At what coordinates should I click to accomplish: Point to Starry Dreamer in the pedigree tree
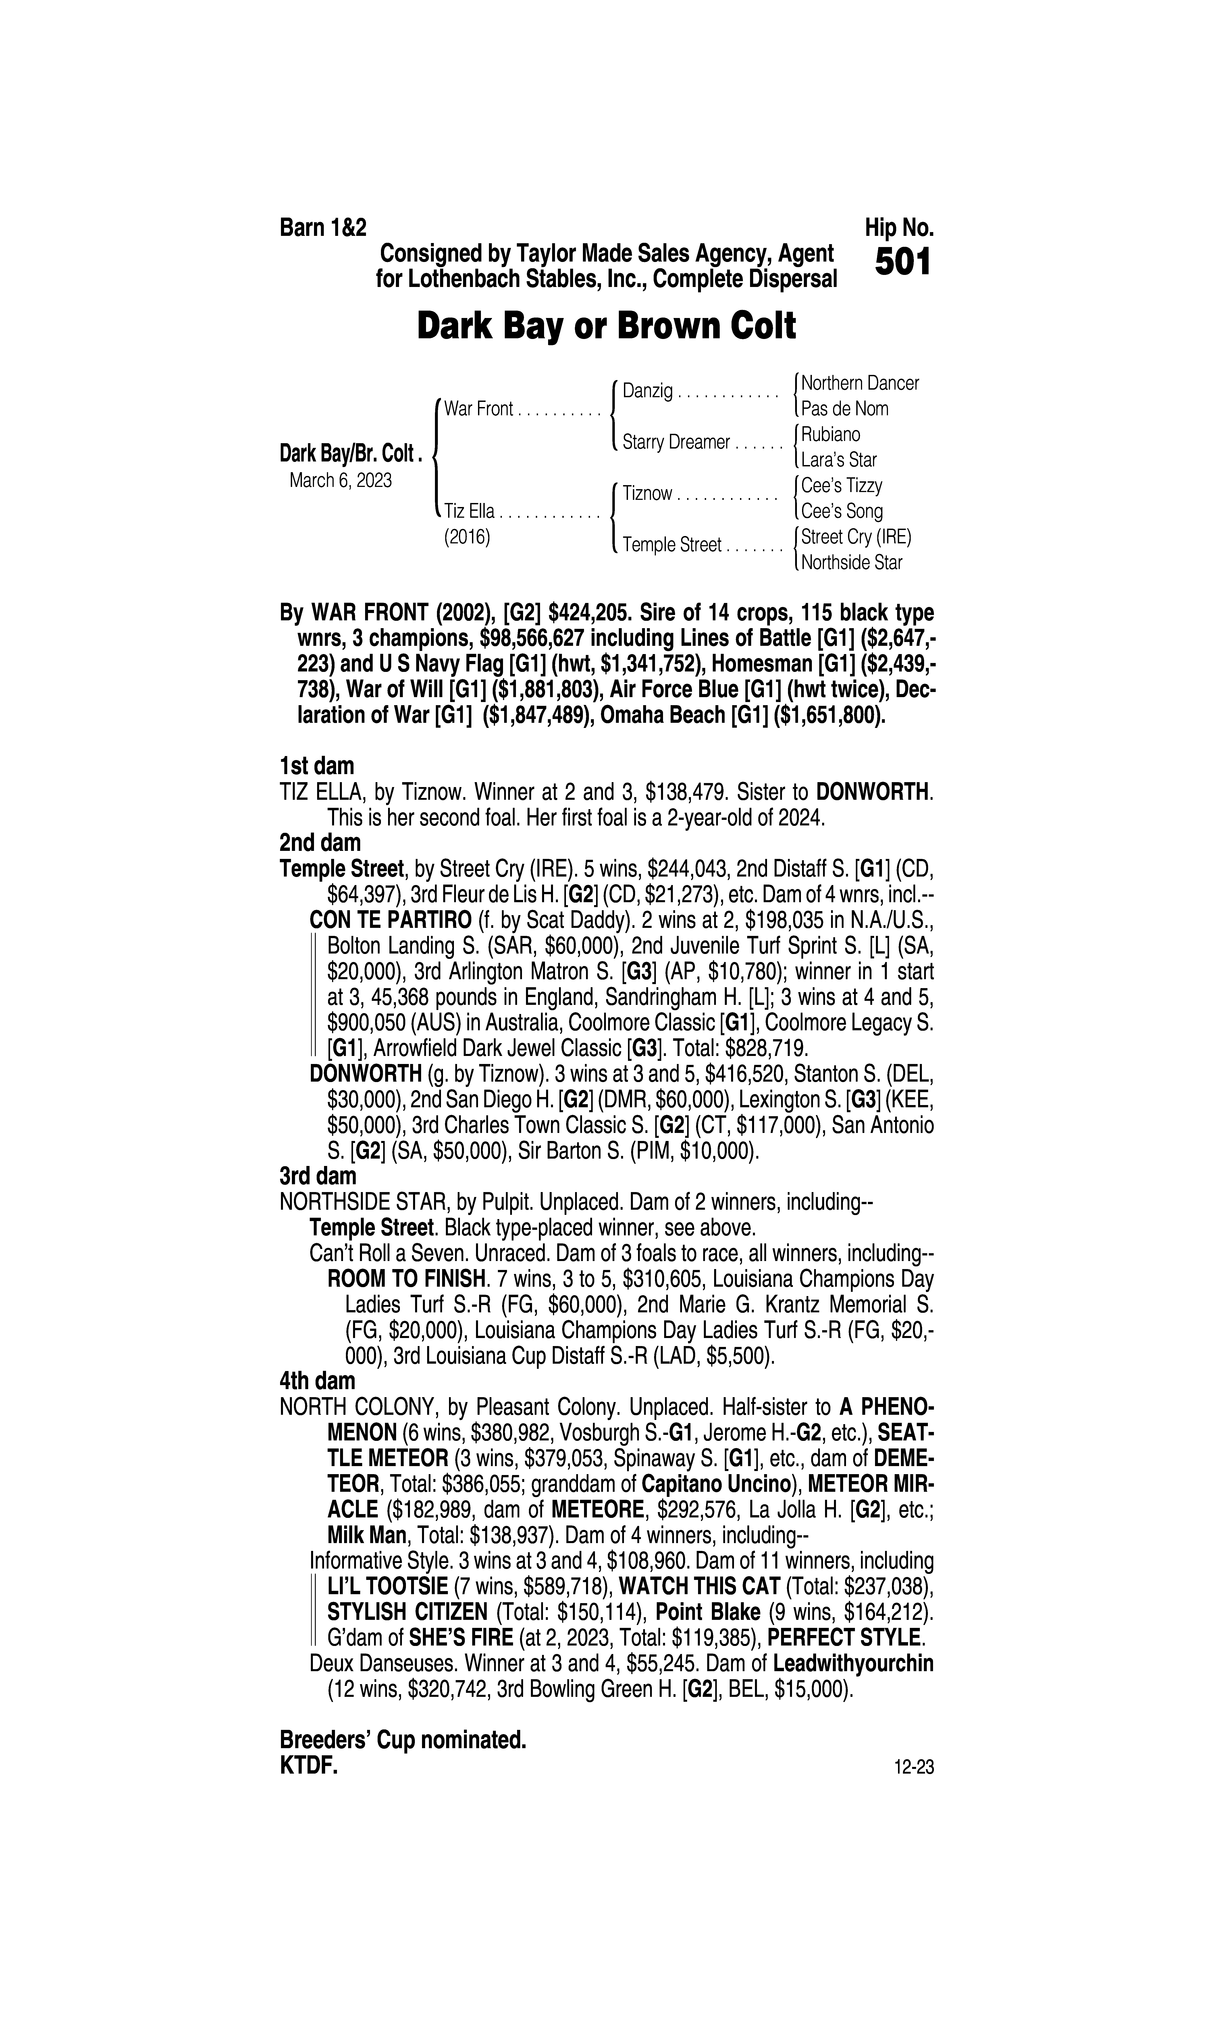click(x=676, y=443)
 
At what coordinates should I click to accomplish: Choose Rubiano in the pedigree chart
click(x=830, y=434)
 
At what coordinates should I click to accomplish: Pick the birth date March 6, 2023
click(x=340, y=480)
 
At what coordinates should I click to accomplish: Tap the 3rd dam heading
click(x=318, y=1176)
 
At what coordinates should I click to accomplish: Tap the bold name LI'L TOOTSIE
click(x=387, y=1587)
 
